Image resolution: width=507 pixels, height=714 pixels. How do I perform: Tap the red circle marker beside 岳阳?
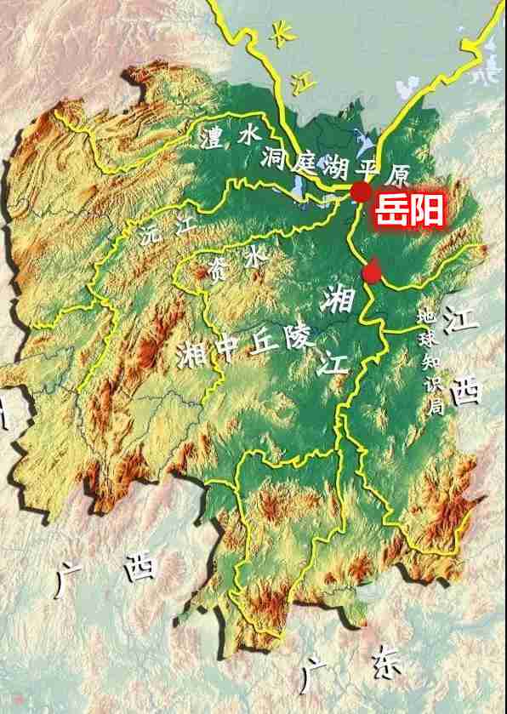361,192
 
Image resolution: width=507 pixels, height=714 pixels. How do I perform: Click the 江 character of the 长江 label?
298,80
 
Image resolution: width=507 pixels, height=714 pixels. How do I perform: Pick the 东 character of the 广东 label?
385,665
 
